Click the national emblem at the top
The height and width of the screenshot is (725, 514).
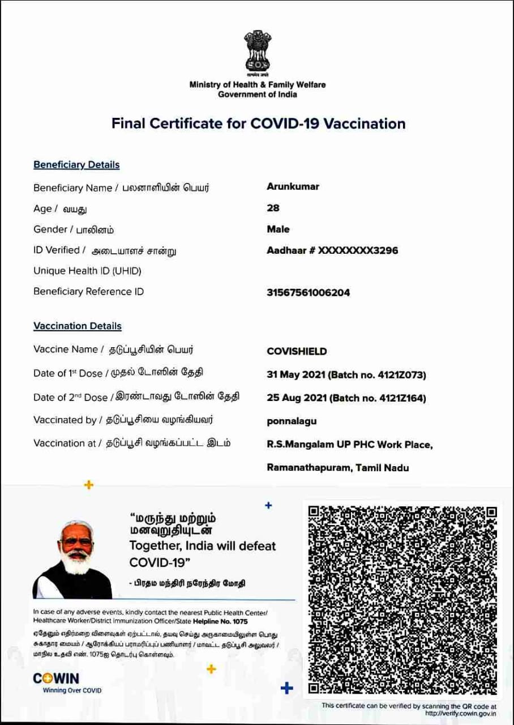pyautogui.click(x=258, y=53)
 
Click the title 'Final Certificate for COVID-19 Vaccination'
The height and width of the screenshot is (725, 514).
pyautogui.click(x=258, y=123)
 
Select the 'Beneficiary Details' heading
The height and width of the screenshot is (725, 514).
pyautogui.click(x=76, y=165)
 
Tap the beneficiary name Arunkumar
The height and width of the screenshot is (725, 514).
pyautogui.click(x=293, y=186)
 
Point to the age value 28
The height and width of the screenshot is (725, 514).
pyautogui.click(x=273, y=208)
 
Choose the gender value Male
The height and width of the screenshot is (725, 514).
pyautogui.click(x=278, y=229)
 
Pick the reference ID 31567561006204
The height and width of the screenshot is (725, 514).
pyautogui.click(x=308, y=293)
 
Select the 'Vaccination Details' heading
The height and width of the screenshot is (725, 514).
pyautogui.click(x=78, y=326)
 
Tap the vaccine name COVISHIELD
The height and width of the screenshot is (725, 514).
pyautogui.click(x=297, y=352)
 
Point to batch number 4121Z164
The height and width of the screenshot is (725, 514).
pyautogui.click(x=406, y=398)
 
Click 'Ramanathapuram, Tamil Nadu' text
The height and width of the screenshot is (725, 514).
pyautogui.click(x=337, y=468)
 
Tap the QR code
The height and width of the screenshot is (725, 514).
pyautogui.click(x=402, y=600)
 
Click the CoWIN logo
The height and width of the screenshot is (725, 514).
pyautogui.click(x=56, y=679)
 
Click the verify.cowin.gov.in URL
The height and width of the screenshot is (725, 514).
pyautogui.click(x=462, y=713)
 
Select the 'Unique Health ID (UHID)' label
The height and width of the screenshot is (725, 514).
pyautogui.click(x=87, y=271)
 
